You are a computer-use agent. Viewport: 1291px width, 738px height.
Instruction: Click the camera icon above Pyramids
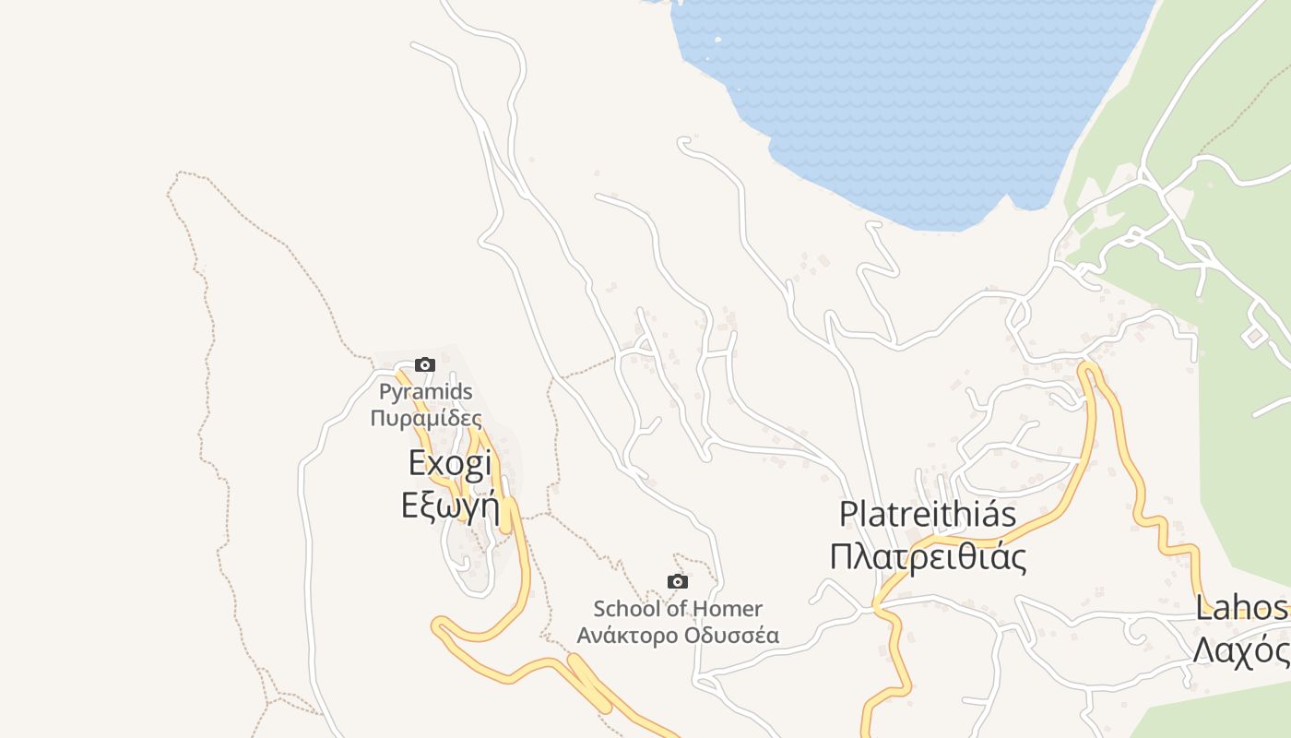[424, 364]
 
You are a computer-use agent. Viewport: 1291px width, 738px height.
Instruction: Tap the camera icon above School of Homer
[678, 581]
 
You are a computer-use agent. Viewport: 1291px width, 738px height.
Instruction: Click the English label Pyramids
[426, 392]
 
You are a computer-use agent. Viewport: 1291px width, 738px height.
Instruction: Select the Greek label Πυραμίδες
[426, 418]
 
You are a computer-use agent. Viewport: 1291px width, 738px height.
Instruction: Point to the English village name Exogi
[450, 463]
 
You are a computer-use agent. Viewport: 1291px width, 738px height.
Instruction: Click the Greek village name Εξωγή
[450, 506]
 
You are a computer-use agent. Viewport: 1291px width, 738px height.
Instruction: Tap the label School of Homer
[678, 609]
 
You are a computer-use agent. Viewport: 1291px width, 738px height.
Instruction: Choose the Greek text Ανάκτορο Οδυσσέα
[678, 636]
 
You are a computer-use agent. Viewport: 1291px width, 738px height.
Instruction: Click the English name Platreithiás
[928, 514]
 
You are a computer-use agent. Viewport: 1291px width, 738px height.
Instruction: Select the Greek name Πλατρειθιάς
[928, 557]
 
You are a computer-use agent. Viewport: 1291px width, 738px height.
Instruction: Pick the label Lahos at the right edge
[1242, 608]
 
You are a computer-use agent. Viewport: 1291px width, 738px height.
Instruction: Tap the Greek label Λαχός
[1242, 650]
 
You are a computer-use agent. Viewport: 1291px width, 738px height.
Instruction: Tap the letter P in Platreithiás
[849, 514]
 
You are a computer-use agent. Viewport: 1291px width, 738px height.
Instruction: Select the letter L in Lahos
[1203, 608]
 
